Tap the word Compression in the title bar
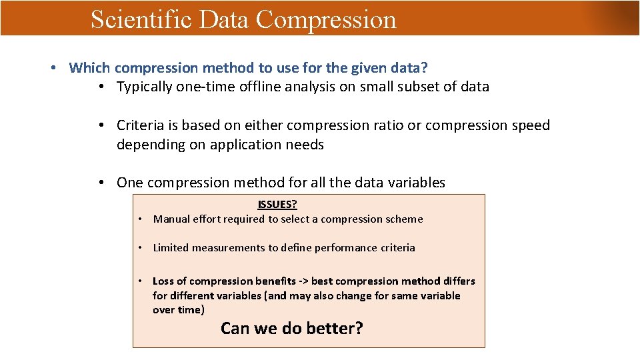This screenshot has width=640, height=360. coord(326,19)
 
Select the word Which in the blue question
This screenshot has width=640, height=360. coord(90,67)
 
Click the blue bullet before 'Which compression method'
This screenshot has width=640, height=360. coord(53,67)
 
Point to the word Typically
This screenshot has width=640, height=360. coord(145,87)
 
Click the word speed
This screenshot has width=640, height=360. coord(530,125)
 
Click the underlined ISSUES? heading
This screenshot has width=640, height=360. coord(277,205)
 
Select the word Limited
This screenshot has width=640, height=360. coord(171,248)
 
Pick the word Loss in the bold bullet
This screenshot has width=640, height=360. coord(164,281)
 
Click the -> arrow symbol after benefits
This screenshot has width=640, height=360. coord(303,281)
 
